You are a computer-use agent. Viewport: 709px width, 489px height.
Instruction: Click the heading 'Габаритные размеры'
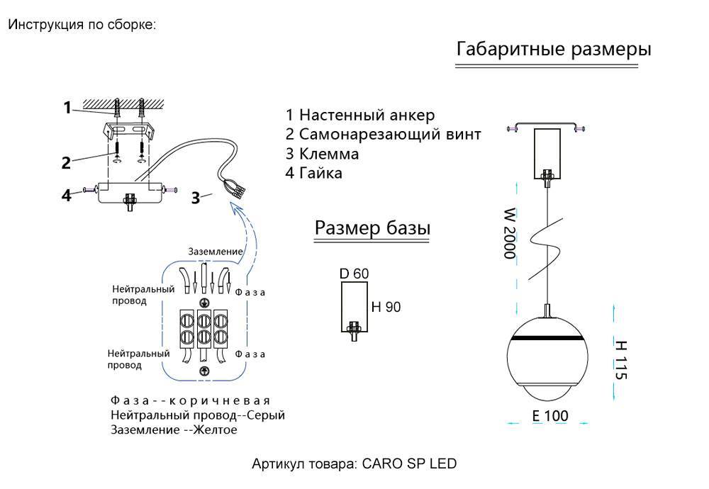pos(554,50)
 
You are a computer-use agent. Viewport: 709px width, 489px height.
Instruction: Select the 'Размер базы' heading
pos(373,228)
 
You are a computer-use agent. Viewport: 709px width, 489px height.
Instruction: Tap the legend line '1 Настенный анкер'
pos(360,115)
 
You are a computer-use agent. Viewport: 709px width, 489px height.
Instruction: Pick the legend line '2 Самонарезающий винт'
pos(384,135)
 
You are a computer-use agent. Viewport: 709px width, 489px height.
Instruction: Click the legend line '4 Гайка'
pos(314,173)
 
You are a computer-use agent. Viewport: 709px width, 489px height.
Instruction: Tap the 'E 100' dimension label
pos(550,416)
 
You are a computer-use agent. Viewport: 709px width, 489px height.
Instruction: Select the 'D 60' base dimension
pos(354,274)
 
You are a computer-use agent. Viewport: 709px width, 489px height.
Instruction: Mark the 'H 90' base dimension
pos(386,307)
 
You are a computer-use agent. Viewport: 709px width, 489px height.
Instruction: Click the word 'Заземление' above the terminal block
pos(216,252)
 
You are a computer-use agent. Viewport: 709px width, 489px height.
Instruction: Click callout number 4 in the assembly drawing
pos(67,195)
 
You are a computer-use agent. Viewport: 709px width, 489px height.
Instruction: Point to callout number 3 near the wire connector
pos(195,198)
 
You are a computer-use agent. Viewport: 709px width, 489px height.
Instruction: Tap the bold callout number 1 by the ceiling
pos(67,108)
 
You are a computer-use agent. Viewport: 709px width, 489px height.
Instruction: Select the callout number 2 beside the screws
pos(66,163)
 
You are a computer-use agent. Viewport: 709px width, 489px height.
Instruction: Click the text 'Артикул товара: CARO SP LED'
pos(354,464)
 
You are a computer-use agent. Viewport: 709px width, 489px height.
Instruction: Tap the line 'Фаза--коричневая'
pos(191,401)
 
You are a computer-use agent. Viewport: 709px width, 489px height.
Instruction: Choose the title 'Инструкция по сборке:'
pos(82,25)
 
